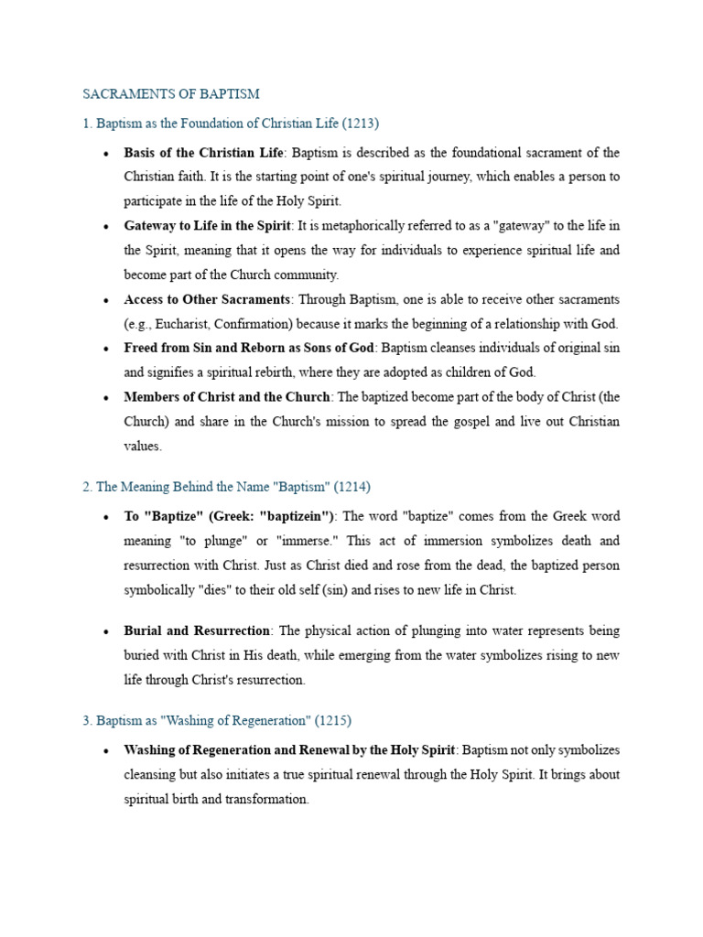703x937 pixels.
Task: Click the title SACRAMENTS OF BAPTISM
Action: click(x=171, y=94)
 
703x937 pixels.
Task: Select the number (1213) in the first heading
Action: click(x=361, y=123)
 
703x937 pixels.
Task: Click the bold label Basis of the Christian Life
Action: click(x=204, y=153)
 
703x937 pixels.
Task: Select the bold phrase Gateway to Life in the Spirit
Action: click(x=207, y=226)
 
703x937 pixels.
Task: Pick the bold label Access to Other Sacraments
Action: click(x=207, y=299)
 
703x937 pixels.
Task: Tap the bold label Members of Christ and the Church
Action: click(x=227, y=397)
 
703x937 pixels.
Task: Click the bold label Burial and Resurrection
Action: click(x=197, y=631)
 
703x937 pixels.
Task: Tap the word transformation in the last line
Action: click(x=266, y=799)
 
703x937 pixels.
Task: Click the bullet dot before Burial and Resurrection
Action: click(x=107, y=632)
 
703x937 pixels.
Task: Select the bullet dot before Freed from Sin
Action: click(x=107, y=349)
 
